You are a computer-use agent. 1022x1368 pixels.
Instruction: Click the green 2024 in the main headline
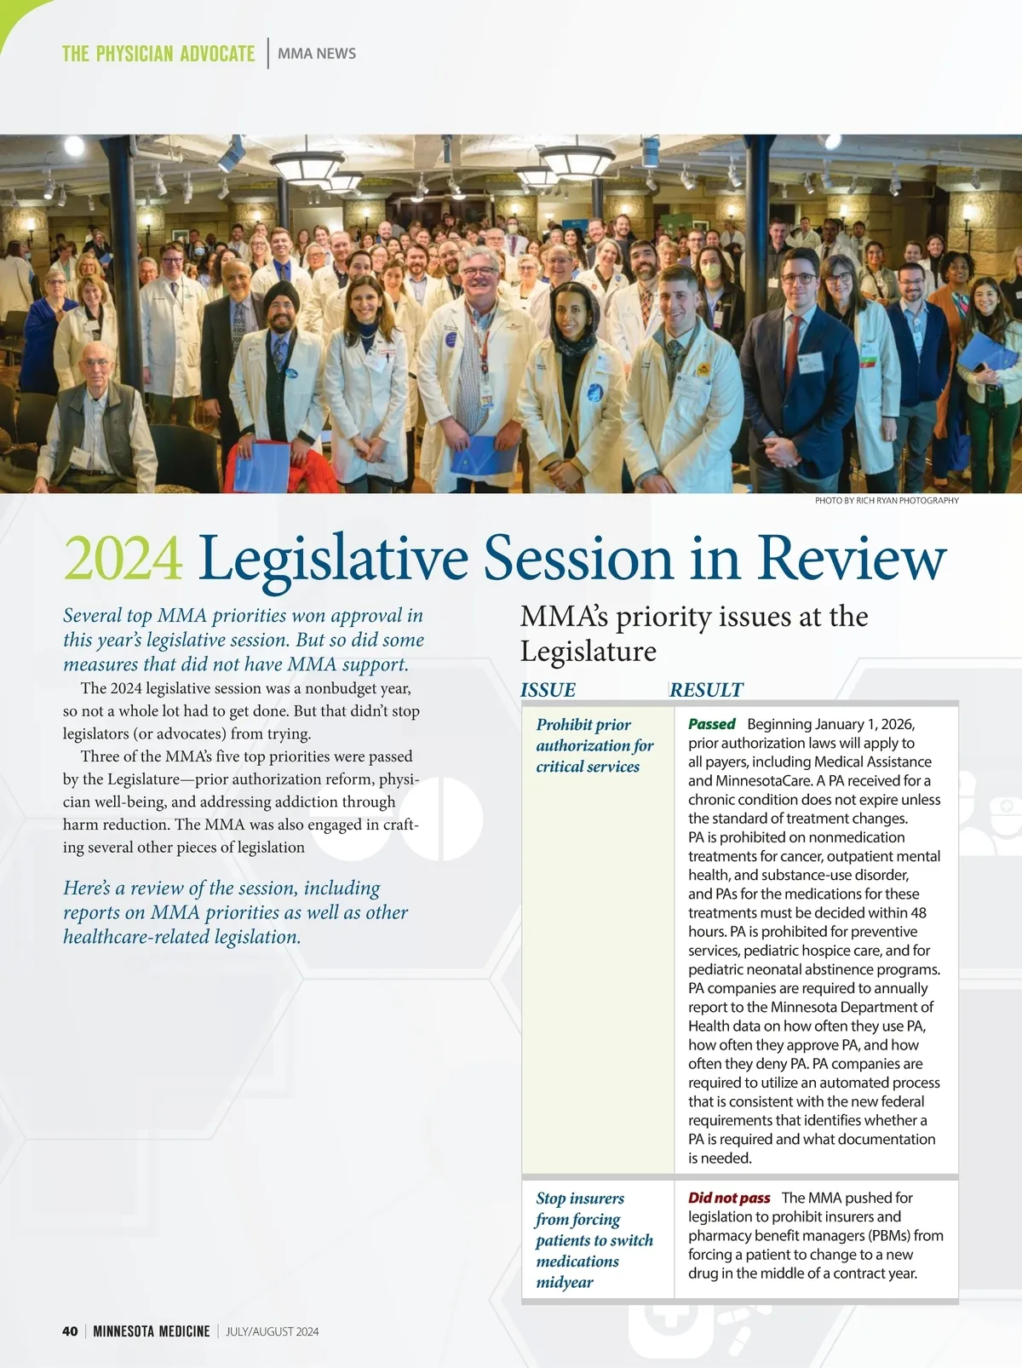tap(123, 559)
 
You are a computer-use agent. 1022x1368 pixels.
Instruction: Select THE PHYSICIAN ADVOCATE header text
tap(158, 54)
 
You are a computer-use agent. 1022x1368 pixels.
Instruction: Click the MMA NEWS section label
tap(317, 54)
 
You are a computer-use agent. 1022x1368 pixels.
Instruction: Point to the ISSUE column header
tap(548, 690)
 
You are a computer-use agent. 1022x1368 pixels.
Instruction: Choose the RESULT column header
tap(706, 690)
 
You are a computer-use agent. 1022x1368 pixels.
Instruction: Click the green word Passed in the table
tap(711, 724)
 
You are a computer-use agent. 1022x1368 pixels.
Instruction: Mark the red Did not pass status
tap(729, 1198)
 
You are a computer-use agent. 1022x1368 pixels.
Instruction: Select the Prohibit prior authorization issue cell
tap(594, 745)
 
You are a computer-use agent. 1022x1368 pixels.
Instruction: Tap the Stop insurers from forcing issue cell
tap(594, 1239)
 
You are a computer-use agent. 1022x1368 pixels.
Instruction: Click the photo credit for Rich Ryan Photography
tap(887, 501)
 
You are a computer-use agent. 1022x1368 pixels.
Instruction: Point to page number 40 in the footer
tap(70, 1331)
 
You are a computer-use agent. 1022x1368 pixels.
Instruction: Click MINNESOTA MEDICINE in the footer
tap(152, 1331)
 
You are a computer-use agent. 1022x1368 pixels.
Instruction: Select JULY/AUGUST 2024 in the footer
tap(273, 1331)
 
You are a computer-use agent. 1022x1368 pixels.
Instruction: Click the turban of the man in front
tap(281, 295)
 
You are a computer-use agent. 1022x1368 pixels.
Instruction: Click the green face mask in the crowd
tap(710, 272)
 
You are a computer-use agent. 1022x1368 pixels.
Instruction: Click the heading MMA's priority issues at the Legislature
tap(693, 633)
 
